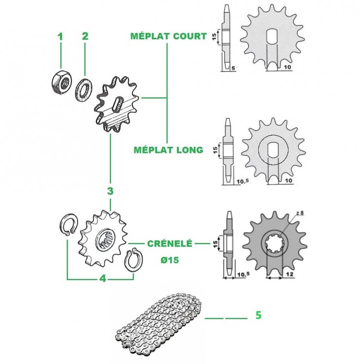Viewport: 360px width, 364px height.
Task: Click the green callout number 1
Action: (60, 36)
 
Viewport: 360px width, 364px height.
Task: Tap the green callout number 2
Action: (85, 36)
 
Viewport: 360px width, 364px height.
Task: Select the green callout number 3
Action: (110, 191)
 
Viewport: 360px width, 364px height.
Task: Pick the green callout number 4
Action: (103, 278)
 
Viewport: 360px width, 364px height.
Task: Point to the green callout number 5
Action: (258, 315)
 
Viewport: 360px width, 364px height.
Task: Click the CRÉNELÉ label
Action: (169, 243)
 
